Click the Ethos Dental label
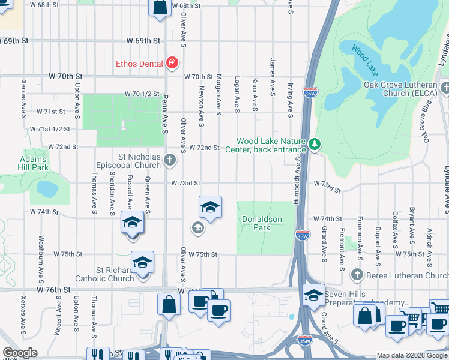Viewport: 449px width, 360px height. point(140,63)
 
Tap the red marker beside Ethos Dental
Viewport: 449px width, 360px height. point(172,62)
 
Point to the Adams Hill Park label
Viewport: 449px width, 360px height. point(33,163)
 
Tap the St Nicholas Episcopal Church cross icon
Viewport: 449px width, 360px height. point(170,160)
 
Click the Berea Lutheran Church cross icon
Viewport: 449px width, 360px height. point(357,275)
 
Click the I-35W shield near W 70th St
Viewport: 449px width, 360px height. point(311,94)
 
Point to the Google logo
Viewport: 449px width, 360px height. point(20,353)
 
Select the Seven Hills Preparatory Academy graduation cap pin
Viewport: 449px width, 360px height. point(313,295)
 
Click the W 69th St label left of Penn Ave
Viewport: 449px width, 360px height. point(143,41)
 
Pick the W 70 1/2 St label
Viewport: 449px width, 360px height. point(142,94)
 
